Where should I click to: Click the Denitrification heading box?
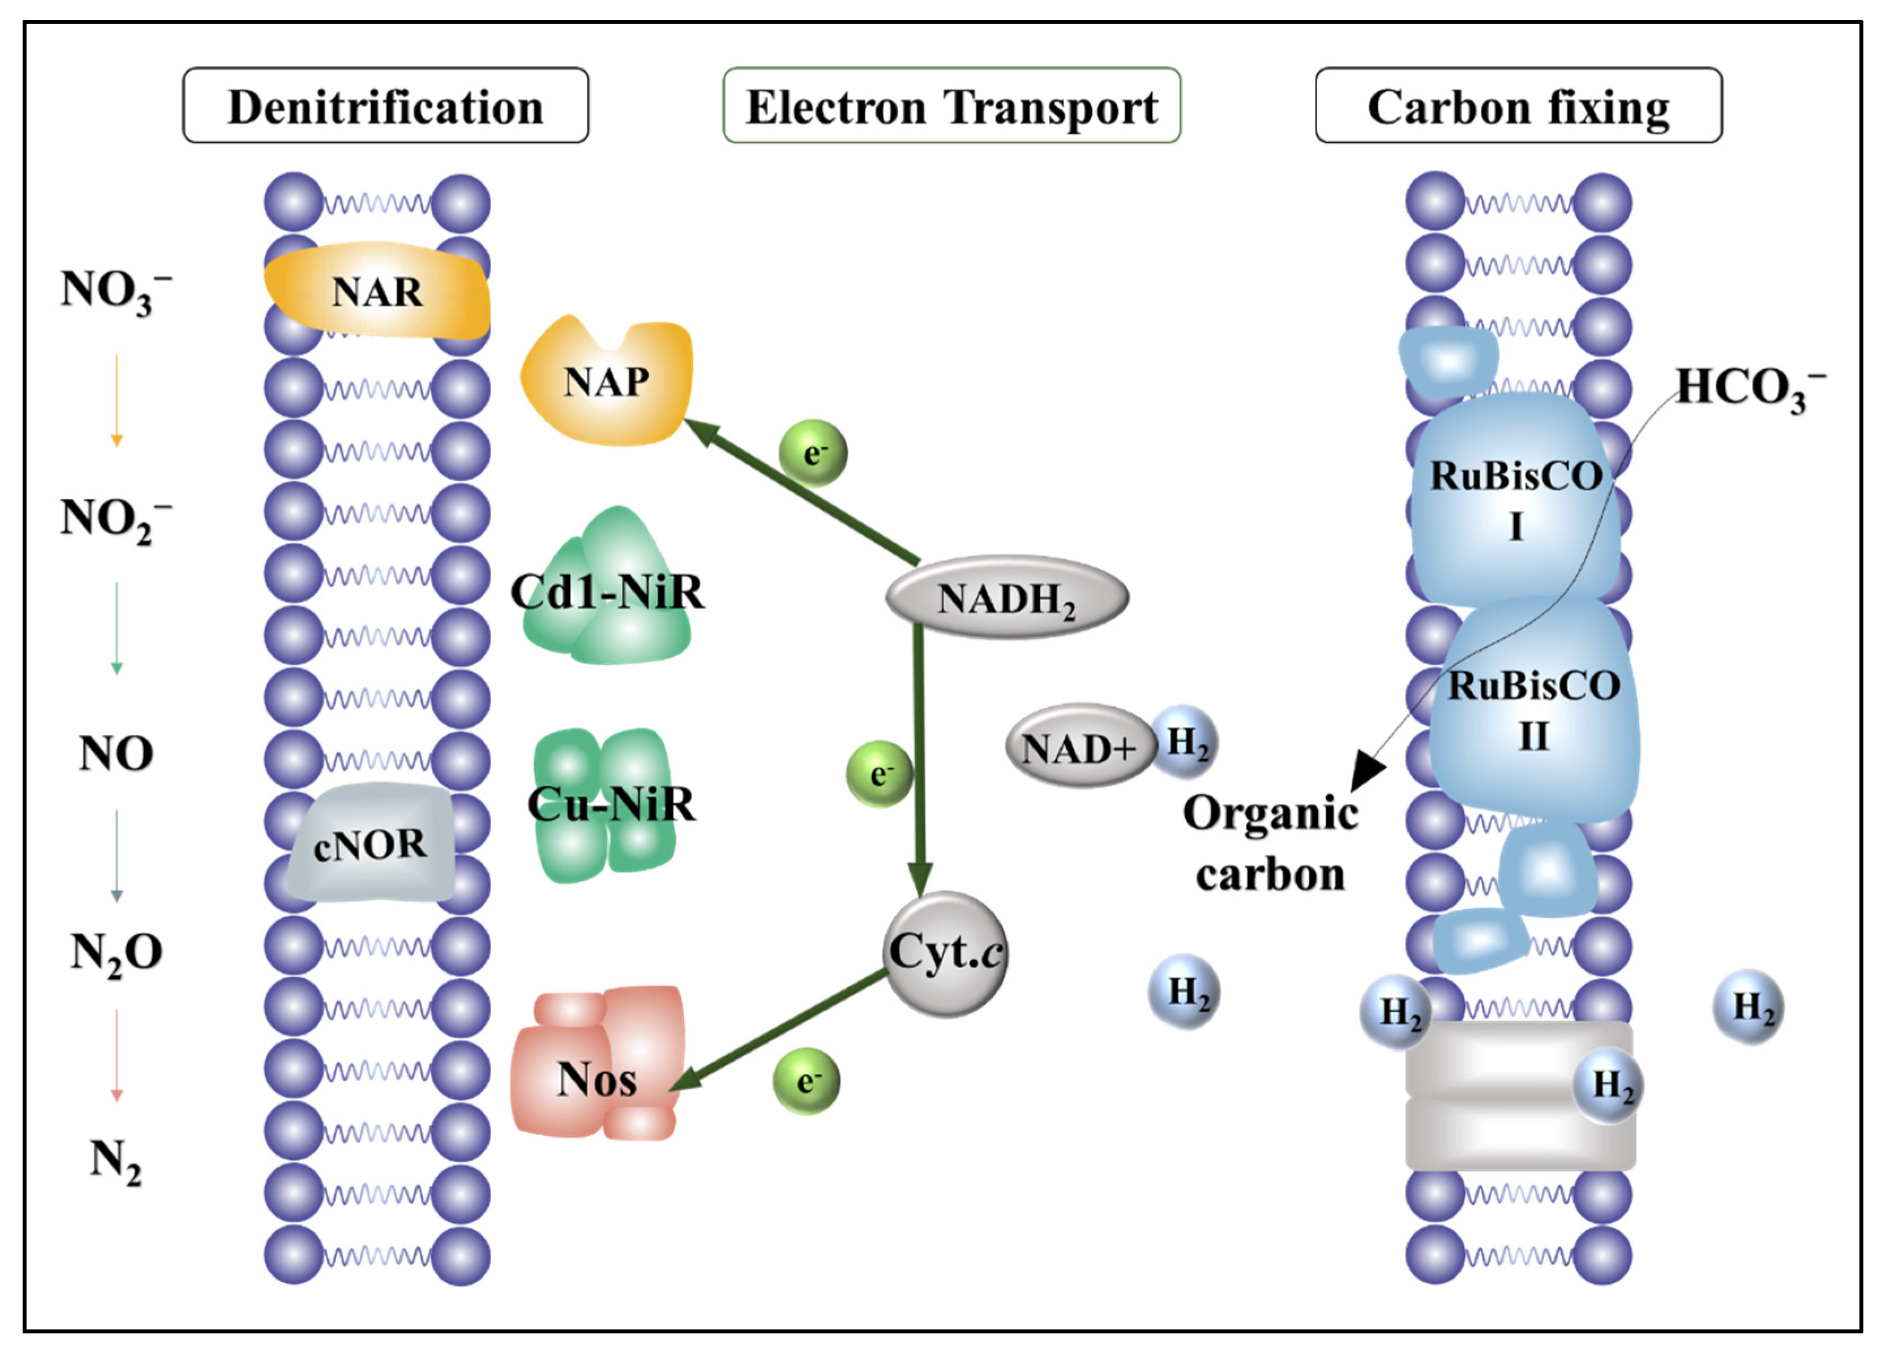[x=386, y=106]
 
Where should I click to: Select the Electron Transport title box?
[x=951, y=106]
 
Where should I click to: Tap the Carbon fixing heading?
[x=1518, y=106]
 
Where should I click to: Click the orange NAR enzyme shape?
[x=377, y=292]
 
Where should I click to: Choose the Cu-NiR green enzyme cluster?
[x=607, y=805]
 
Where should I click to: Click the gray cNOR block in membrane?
[x=371, y=844]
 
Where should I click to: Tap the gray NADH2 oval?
[x=1006, y=598]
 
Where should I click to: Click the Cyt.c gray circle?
[x=945, y=954]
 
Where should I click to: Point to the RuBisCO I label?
[x=1515, y=499]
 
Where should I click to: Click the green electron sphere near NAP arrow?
[x=813, y=453]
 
